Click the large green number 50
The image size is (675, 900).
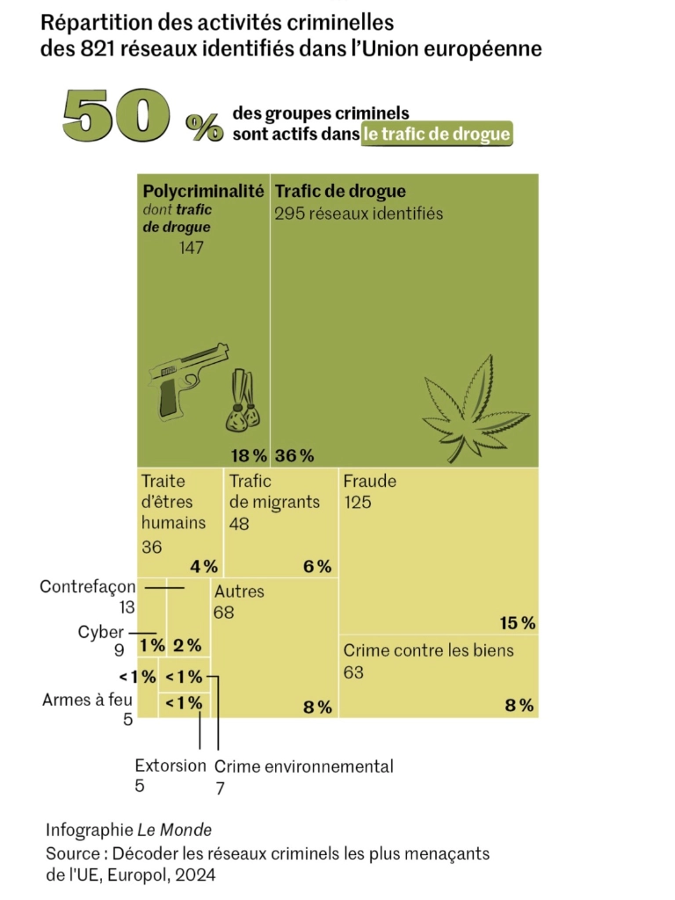pos(117,115)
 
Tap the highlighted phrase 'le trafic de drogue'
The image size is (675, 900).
pos(437,134)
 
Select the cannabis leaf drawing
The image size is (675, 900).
pos(475,408)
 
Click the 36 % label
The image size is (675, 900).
pos(294,456)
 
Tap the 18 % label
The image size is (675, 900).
pos(249,456)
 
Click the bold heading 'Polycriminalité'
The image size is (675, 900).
pos(203,191)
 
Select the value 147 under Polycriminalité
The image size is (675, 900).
pos(191,247)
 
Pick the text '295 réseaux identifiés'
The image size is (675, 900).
pos(359,214)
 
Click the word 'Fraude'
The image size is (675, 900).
pos(370,481)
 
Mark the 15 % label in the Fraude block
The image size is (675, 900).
pos(518,623)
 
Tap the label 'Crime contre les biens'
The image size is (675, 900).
pos(429,650)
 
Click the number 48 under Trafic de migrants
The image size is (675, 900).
pos(239,524)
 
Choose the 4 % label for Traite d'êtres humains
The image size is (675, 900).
pos(204,567)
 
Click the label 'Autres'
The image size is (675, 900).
pos(239,592)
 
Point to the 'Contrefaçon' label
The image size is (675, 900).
pos(88,586)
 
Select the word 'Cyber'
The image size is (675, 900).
pos(101,632)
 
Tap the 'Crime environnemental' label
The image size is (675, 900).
pos(303,766)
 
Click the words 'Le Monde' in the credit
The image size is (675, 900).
pos(175,830)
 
